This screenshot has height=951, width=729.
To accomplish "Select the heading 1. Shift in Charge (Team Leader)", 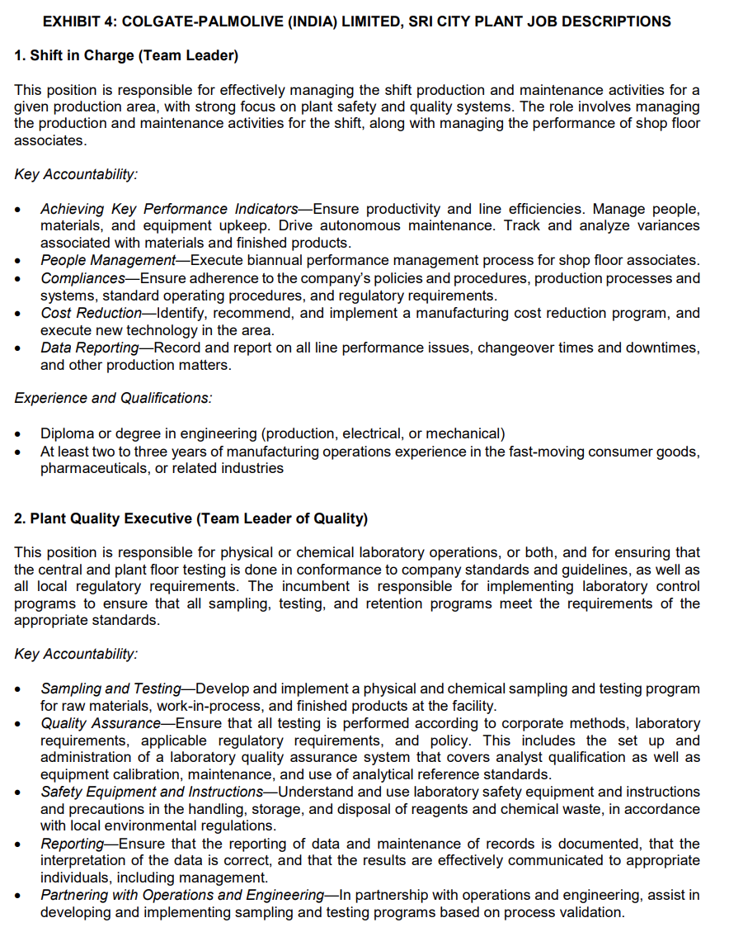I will point(125,56).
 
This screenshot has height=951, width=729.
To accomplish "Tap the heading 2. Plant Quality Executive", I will point(190,518).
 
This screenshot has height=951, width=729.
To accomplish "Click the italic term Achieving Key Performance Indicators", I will point(169,209).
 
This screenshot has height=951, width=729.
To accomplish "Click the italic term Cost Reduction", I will point(92,313).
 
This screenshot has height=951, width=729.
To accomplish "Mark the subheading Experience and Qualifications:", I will point(113,398).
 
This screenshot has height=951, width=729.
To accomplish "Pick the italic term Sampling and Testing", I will point(111,688).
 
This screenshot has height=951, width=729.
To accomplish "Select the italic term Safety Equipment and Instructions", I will point(152,792).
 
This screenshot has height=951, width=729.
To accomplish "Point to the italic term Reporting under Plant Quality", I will point(72,844).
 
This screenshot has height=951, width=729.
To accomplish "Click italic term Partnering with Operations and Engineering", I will point(181,896).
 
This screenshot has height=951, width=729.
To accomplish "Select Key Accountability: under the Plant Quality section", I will point(76,654).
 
